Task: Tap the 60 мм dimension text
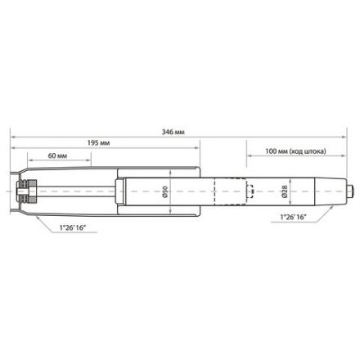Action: click(x=56, y=155)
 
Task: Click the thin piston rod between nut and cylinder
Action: click(x=82, y=193)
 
